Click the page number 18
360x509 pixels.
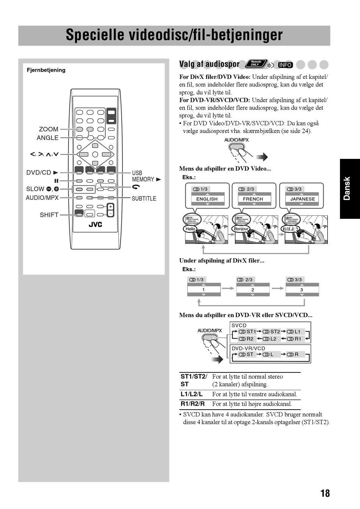(325, 493)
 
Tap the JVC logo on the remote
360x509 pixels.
(95, 225)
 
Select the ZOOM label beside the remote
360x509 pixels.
(49, 129)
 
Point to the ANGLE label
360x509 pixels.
(47, 138)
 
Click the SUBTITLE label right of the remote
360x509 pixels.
(144, 198)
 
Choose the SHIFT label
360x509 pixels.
(49, 215)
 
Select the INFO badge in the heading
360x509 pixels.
(285, 65)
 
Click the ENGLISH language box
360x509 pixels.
(207, 199)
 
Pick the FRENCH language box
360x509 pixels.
(253, 199)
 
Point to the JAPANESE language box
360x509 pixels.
(302, 199)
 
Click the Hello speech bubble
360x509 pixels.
(190, 229)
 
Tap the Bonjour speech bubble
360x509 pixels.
(241, 229)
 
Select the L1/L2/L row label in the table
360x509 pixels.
(192, 394)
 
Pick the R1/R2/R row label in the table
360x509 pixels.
(193, 404)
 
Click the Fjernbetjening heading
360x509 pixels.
(46, 70)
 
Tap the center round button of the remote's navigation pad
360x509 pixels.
(95, 154)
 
